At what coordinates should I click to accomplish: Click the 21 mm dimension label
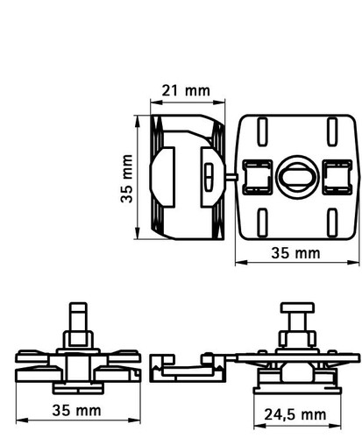click(x=186, y=90)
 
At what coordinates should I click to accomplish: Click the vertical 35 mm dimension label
click(x=126, y=179)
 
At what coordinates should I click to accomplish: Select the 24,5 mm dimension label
click(x=295, y=415)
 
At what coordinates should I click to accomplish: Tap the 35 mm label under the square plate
click(x=295, y=253)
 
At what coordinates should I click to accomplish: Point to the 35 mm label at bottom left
click(x=76, y=411)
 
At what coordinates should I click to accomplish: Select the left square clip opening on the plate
click(x=258, y=177)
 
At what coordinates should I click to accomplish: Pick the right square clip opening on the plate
click(x=337, y=177)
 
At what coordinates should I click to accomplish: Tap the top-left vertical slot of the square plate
click(x=262, y=131)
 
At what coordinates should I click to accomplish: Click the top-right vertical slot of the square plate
click(x=332, y=131)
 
